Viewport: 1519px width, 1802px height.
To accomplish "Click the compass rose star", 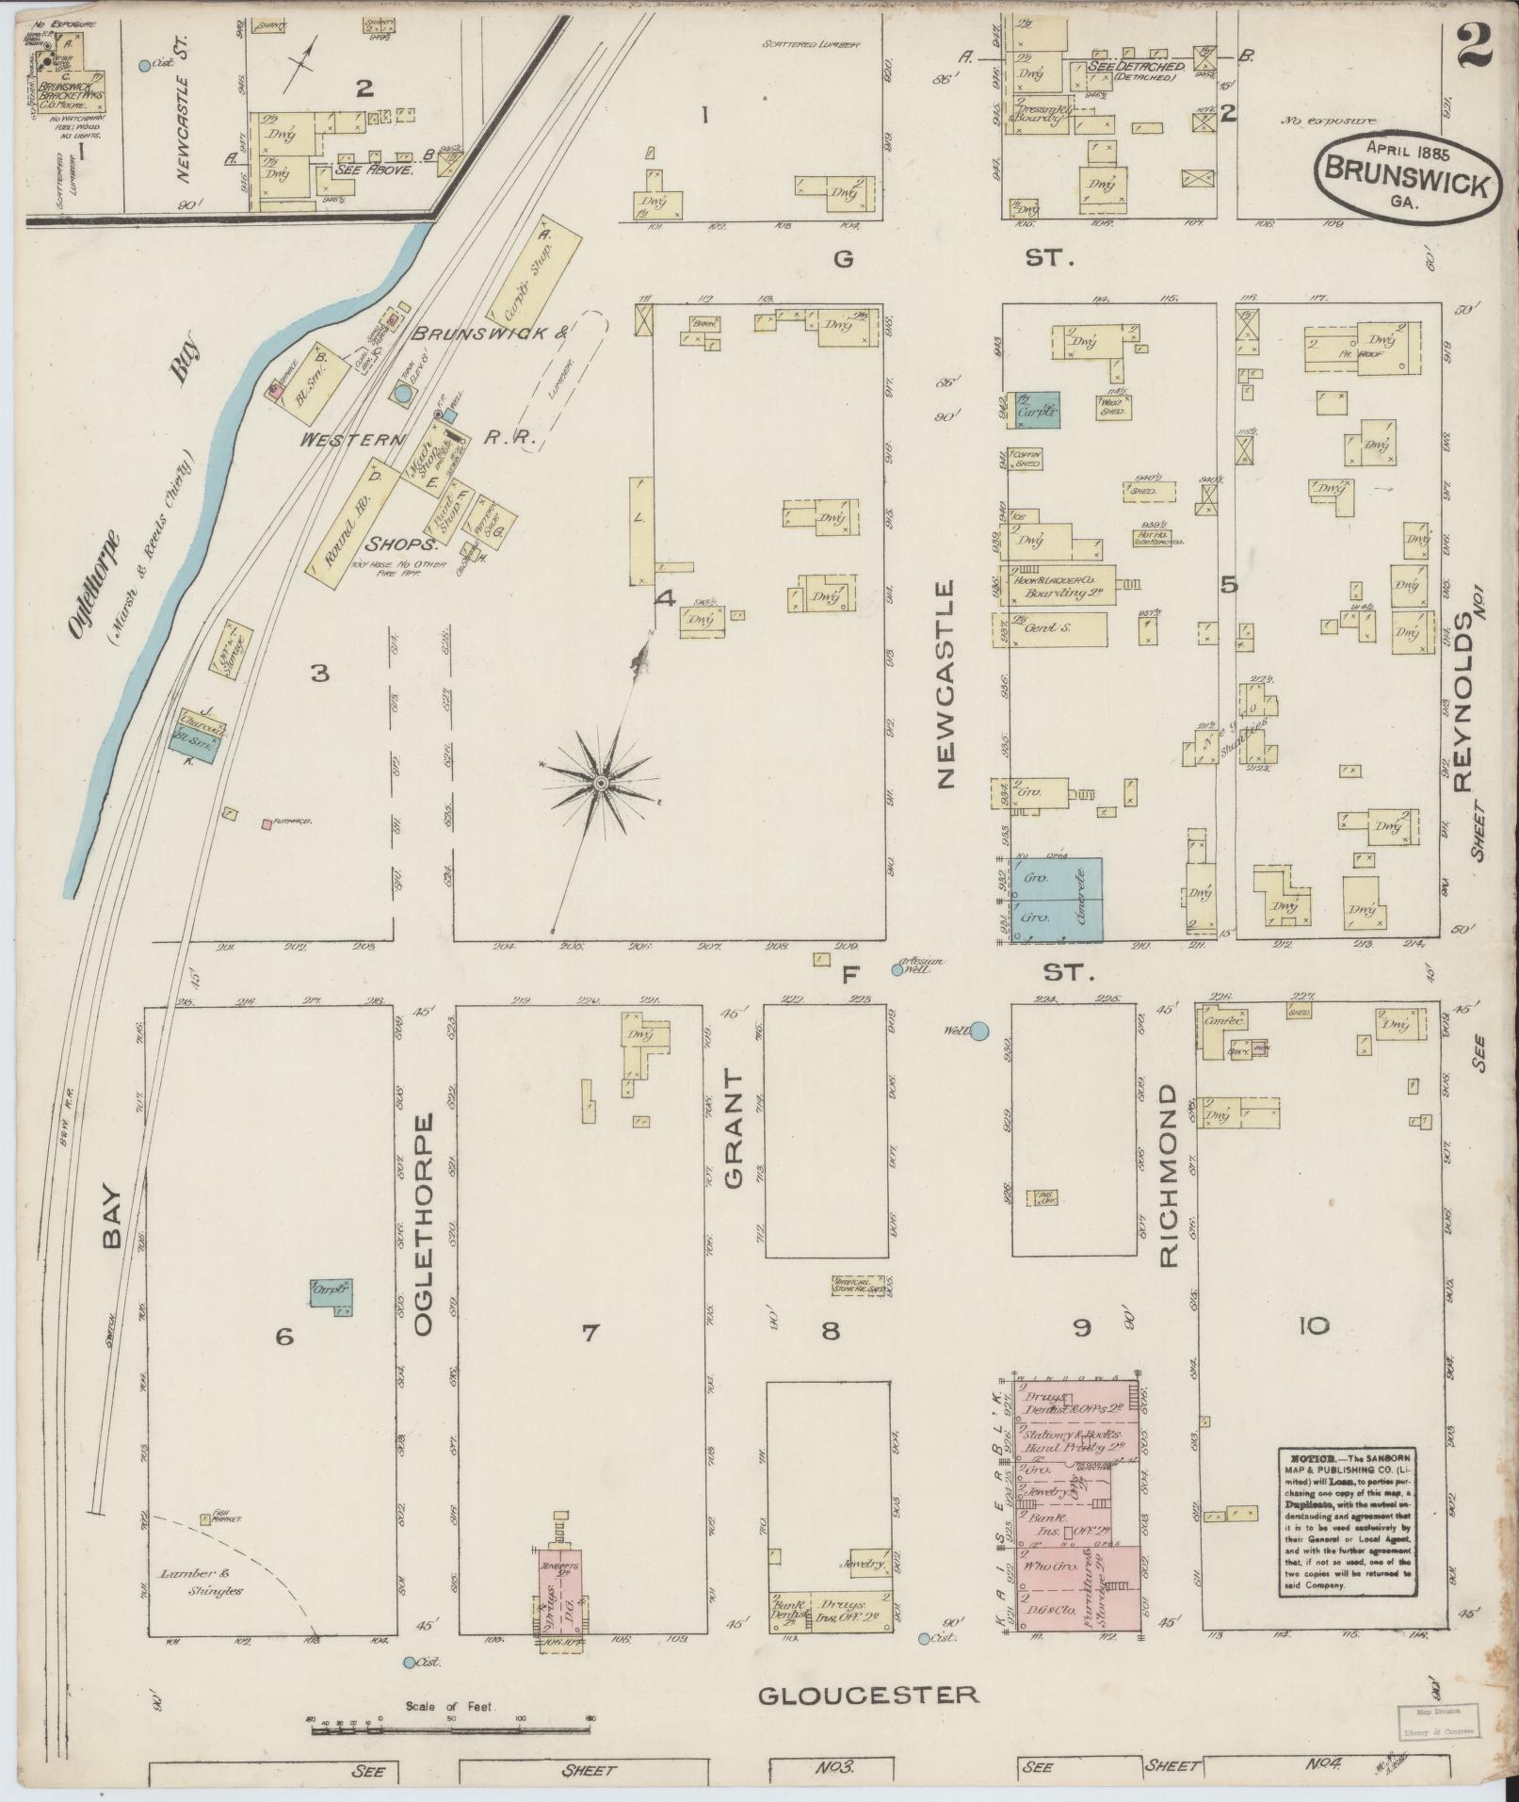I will [x=600, y=784].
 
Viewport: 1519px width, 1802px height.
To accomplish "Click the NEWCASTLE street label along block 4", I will [x=945, y=683].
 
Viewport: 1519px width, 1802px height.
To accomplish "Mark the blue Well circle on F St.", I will [x=979, y=1031].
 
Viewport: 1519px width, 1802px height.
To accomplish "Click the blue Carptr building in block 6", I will [x=331, y=1297].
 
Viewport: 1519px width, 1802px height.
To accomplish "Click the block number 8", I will [x=830, y=1330].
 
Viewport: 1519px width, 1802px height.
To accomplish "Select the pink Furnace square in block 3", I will [x=267, y=824].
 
